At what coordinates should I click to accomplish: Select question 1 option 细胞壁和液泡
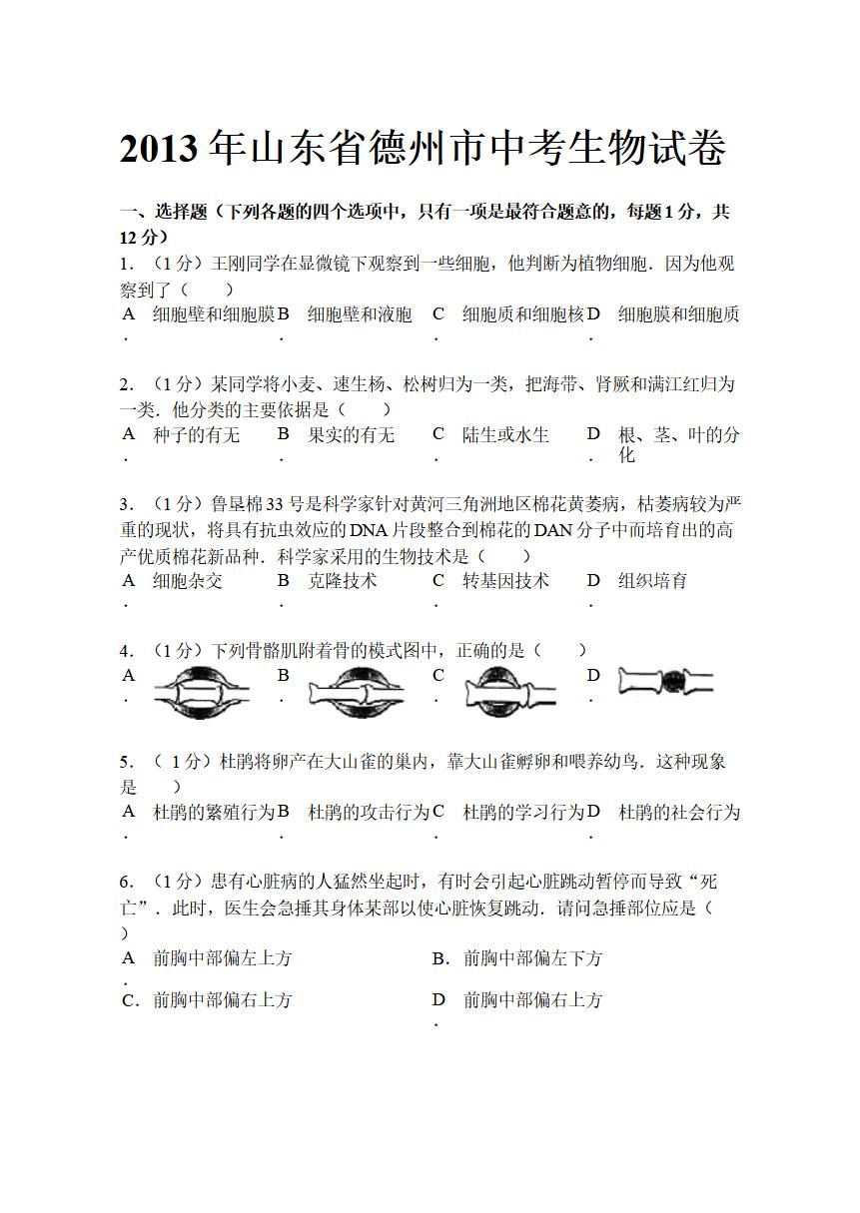360,314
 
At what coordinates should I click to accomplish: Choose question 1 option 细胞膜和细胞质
679,314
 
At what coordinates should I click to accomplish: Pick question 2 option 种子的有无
197,435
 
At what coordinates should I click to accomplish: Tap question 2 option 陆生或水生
505,435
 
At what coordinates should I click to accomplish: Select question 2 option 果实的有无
351,435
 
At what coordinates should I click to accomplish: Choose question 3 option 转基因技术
505,580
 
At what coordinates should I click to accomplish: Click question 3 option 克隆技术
342,580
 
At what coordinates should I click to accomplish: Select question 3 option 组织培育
652,580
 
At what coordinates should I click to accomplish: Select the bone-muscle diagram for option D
665,683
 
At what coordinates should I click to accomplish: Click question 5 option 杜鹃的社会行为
679,813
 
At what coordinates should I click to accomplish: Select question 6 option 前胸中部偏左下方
532,958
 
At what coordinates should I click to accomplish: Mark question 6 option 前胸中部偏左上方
222,958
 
